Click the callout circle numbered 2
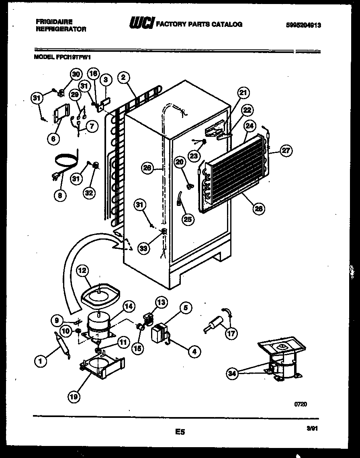(123, 77)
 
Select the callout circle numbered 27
(286, 151)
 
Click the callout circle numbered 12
(82, 271)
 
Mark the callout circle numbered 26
(147, 168)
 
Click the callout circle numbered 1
(40, 362)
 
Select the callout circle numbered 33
(143, 248)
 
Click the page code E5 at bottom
(180, 432)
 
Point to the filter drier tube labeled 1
(61, 344)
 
